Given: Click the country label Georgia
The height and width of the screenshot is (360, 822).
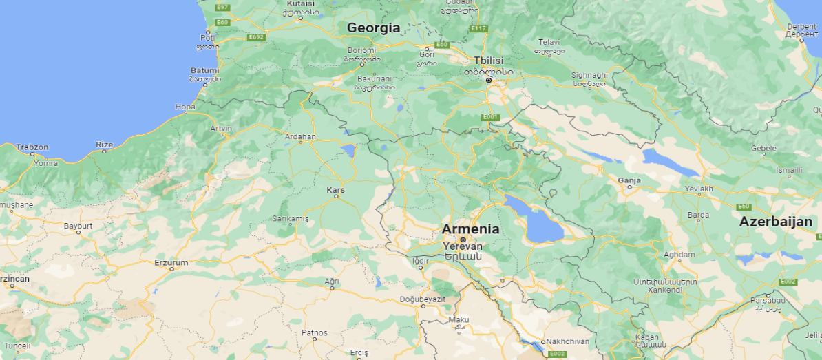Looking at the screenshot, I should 373,28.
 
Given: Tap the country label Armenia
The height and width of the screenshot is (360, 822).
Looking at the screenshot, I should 471,229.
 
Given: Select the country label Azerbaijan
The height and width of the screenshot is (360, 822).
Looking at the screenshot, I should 776,222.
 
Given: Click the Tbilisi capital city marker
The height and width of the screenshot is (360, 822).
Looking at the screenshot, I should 489,81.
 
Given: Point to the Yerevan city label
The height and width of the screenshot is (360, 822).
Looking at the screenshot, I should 463,246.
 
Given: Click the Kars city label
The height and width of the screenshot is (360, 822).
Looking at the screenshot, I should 336,189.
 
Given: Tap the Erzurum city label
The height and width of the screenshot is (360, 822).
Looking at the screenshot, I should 171,262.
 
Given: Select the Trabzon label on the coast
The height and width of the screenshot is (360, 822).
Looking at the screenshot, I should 32,147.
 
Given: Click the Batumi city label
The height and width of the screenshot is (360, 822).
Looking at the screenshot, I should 204,70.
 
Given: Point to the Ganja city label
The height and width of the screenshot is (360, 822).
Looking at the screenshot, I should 629,180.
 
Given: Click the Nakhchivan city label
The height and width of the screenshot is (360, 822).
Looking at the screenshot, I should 568,341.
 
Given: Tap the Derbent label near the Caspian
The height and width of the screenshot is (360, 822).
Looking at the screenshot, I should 801,27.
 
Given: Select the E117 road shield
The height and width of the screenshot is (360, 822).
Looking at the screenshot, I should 478,29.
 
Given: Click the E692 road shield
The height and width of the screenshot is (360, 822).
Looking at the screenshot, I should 257,37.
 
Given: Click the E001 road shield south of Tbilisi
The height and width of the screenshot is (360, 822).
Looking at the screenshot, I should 489,117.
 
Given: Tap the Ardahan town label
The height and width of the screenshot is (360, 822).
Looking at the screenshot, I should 300,136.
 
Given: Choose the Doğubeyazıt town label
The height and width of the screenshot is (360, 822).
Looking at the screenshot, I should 423,299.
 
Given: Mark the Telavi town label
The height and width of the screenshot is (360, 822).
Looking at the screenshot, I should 549,42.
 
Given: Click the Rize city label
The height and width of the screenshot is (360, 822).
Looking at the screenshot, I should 105,145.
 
